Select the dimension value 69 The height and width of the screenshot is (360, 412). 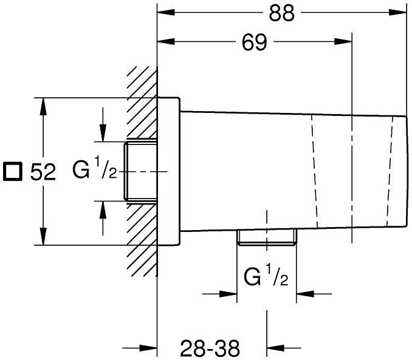253,42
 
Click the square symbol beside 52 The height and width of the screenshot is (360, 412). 12,172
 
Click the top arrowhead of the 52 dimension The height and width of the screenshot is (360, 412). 42,105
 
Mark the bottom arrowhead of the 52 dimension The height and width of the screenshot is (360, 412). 42,239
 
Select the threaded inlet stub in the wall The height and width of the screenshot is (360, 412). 140,172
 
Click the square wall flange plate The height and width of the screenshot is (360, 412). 168,172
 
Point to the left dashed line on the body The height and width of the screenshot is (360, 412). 314,172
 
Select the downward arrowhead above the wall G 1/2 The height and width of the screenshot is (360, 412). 103,135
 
